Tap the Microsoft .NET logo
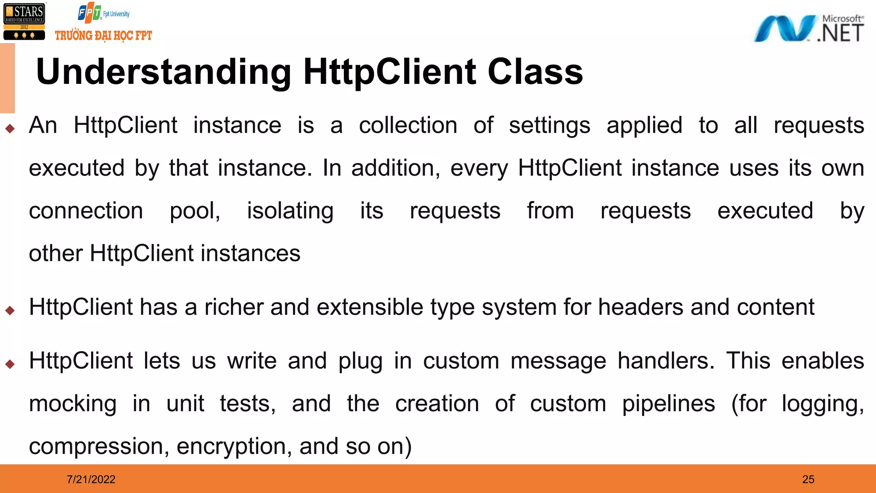pos(808,29)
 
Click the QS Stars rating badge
pos(24,21)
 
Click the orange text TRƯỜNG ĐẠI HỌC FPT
pos(104,36)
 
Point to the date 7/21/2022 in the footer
pos(91,479)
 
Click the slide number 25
pos(808,479)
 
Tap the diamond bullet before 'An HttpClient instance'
pos(10,128)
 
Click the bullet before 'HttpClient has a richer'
pos(10,310)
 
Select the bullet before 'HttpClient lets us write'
pos(10,364)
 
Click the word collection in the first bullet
pos(408,125)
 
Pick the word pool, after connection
pos(195,211)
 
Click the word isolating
pos(290,211)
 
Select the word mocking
pos(73,404)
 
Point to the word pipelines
pos(668,404)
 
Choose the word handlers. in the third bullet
pos(666,361)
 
